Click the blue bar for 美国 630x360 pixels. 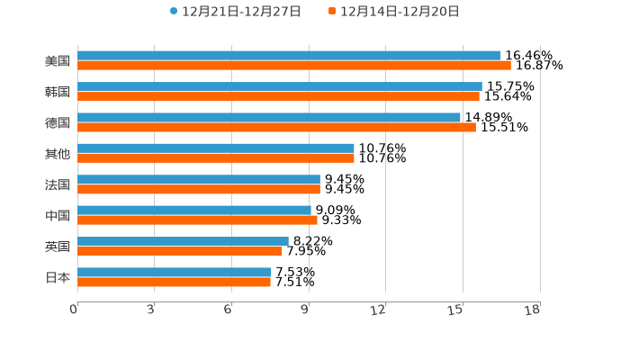[289, 56]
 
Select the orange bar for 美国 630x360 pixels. [294, 66]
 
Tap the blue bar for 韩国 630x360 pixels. [280, 86]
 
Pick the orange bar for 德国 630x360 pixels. [276, 128]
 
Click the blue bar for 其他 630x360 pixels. [216, 148]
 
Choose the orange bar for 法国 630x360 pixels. [199, 190]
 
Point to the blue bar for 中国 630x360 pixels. [194, 211]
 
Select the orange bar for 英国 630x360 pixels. [180, 252]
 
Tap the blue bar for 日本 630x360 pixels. [175, 272]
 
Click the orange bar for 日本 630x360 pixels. [174, 283]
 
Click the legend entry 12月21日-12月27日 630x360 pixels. [235, 12]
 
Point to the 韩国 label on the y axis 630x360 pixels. [58, 92]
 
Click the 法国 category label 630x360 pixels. [58, 184]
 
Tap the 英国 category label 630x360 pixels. [58, 247]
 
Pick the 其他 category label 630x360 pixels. [58, 154]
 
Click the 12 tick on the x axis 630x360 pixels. [379, 310]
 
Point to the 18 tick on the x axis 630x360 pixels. [533, 310]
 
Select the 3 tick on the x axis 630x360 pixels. [151, 310]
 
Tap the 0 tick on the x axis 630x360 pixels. [74, 310]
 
